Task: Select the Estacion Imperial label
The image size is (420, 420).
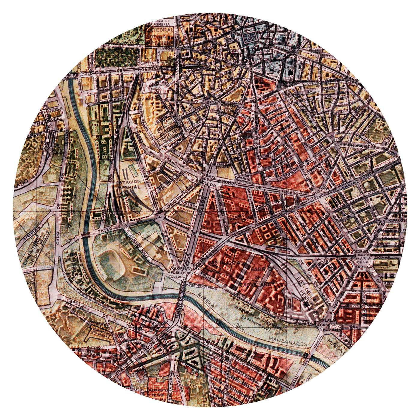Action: tap(128, 184)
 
